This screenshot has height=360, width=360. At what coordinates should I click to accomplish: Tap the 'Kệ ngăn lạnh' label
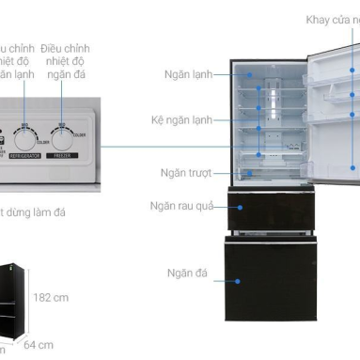tap(180, 121)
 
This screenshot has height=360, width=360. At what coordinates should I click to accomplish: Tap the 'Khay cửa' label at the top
tap(332, 20)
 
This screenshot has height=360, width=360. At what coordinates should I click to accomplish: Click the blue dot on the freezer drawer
tap(240, 278)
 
